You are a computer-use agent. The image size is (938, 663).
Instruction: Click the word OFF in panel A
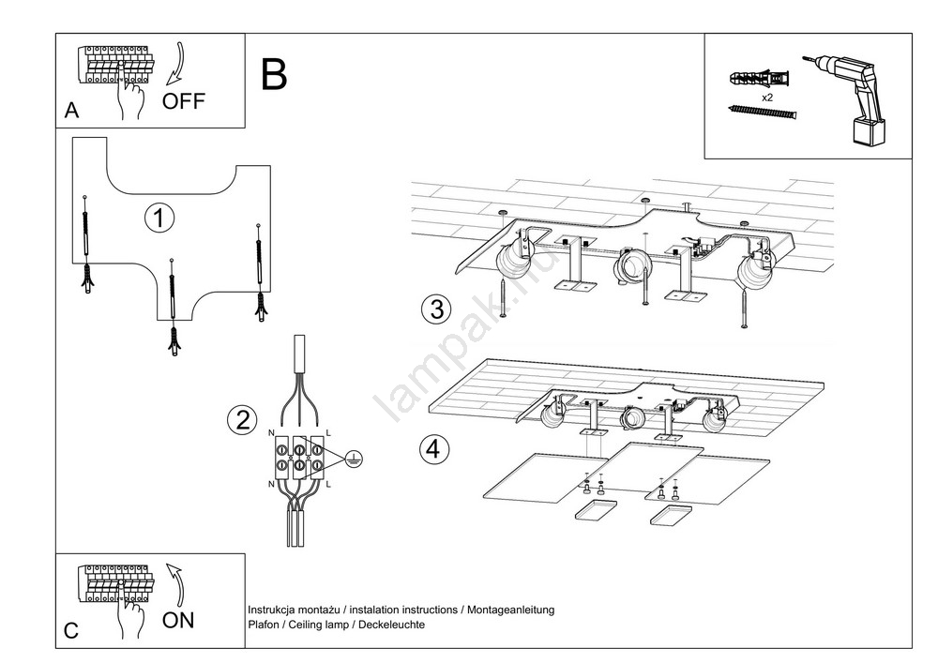[183, 101]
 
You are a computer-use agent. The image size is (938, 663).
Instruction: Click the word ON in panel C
[178, 620]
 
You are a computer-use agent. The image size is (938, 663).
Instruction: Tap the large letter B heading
[274, 75]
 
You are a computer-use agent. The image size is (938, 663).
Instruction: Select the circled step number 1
[159, 218]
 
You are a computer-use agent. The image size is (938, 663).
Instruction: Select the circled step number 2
[242, 419]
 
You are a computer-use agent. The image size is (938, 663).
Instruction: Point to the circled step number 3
[435, 309]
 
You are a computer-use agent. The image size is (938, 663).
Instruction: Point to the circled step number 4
[433, 449]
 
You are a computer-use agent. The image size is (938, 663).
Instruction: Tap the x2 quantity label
[767, 97]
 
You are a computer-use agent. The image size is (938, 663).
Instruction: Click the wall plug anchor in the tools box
[761, 74]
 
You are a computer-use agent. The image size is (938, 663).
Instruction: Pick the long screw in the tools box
[763, 112]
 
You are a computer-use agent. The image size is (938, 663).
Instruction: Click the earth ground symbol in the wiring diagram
[352, 458]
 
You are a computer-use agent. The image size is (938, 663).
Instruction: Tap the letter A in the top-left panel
[71, 111]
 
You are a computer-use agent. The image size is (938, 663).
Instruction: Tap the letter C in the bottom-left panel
[71, 631]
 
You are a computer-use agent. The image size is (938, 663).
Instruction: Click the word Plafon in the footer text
[262, 625]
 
